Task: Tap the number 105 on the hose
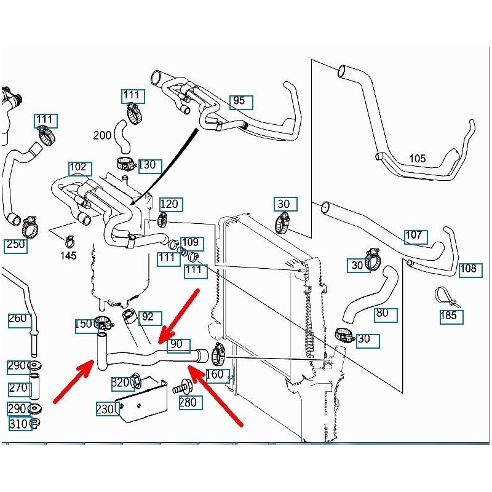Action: [417, 159]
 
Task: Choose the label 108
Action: [469, 269]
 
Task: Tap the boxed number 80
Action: [383, 313]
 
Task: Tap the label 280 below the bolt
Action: [188, 403]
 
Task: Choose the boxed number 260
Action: [18, 319]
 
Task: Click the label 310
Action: [18, 424]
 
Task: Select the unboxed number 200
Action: [103, 135]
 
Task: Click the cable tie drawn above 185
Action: [447, 297]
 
